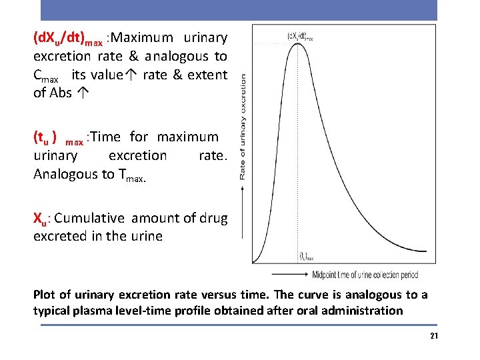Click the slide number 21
pyautogui.click(x=434, y=336)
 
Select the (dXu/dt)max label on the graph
pyautogui.click(x=299, y=37)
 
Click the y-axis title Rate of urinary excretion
pyautogui.click(x=242, y=126)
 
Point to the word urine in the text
pyautogui.click(x=145, y=236)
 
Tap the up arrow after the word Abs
pyautogui.click(x=80, y=93)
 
